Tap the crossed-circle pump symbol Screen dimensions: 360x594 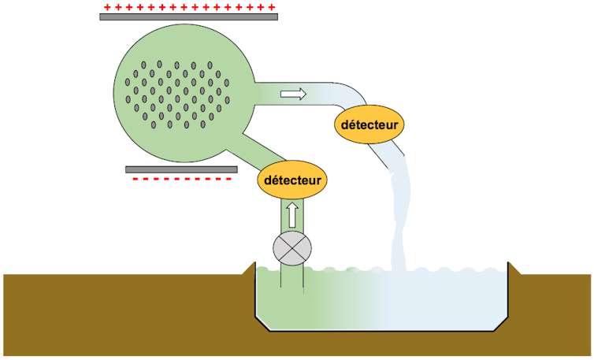pos(291,248)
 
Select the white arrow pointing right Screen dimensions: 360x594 pos(293,94)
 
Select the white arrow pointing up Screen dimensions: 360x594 pos(291,213)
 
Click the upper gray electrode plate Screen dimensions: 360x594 pos(188,17)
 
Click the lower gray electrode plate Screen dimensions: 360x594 pos(181,169)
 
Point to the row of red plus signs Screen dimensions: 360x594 pos(188,6)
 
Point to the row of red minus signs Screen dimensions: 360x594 pos(182,179)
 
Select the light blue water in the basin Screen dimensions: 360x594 pos(449,303)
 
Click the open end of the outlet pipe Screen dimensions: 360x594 pos(397,161)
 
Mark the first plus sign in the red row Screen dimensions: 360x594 pos(106,6)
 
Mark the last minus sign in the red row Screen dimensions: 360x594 pos(228,179)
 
